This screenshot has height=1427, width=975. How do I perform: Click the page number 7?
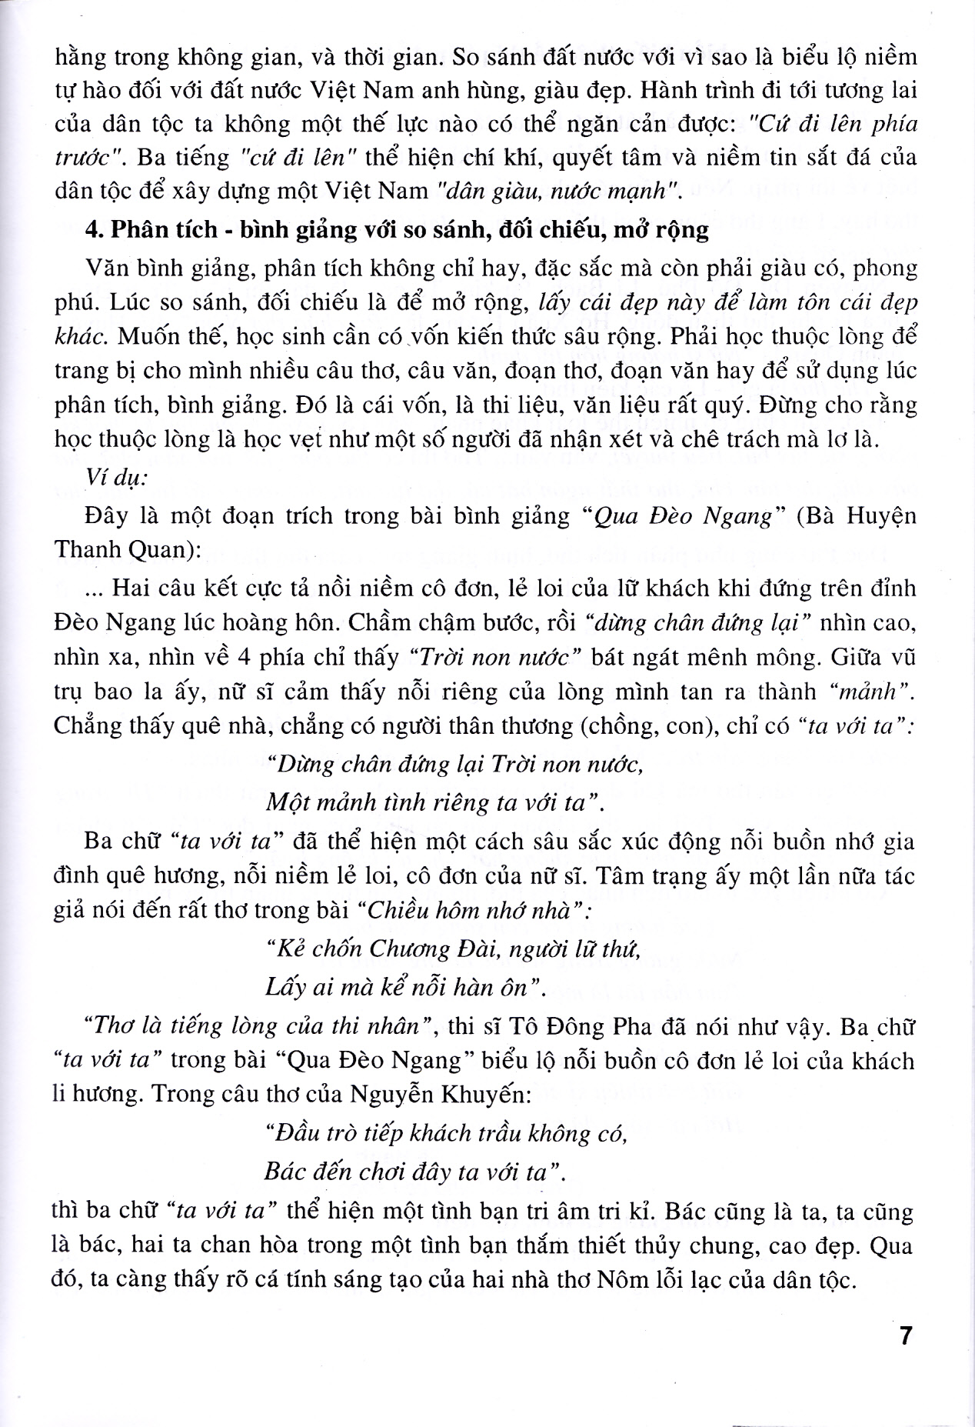tap(905, 1335)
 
